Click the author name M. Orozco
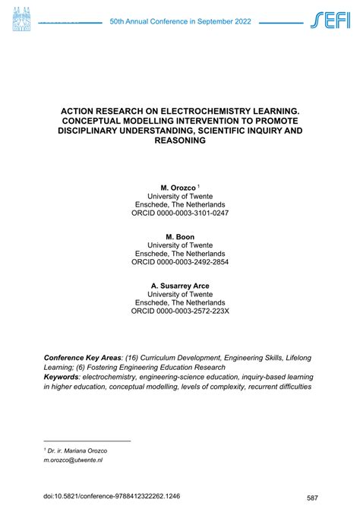click(x=177, y=186)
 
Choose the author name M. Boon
click(x=179, y=236)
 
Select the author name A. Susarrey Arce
click(x=179, y=286)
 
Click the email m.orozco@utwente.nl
click(x=73, y=460)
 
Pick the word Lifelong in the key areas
click(x=295, y=357)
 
